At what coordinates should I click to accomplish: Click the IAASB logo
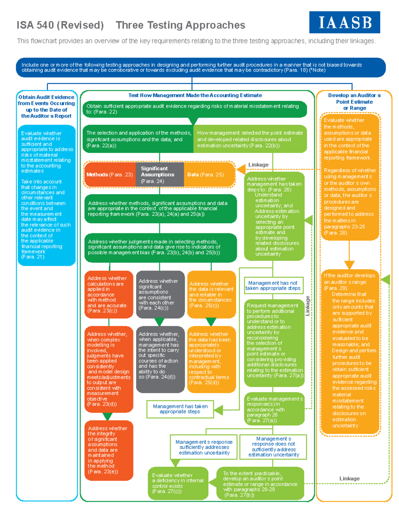pos(344,22)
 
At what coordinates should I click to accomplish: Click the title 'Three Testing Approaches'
pos(180,25)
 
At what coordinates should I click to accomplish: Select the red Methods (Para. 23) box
pos(110,174)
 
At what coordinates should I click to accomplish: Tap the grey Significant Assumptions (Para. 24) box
pos(159,174)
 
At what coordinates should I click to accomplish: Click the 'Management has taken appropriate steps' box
pos(180,409)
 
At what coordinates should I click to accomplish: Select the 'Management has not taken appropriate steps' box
pos(273,286)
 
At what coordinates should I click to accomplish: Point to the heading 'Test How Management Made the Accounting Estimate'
pos(195,95)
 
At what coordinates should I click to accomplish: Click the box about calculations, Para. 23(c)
pos(108,294)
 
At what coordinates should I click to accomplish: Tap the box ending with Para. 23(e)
pos(108,450)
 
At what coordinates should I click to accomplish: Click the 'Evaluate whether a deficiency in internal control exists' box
pos(178,483)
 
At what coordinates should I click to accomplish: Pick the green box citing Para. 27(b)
pos(260,484)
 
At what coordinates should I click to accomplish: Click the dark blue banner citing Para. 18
pos(200,67)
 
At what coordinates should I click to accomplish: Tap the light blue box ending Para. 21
pos(47,195)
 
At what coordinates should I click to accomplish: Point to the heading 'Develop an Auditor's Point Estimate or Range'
pos(354,102)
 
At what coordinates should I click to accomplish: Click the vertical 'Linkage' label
pos(308,306)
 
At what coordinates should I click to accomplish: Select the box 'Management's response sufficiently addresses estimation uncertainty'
pos(204,447)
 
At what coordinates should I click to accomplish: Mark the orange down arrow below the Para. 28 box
pos(349,264)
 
